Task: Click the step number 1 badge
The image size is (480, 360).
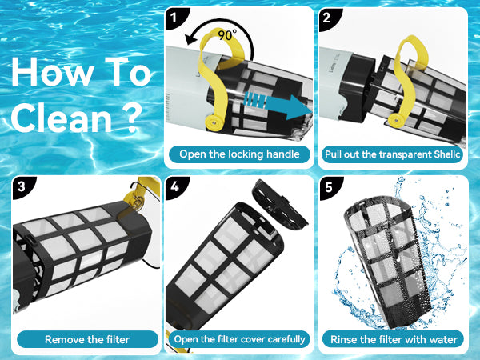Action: coord(175,18)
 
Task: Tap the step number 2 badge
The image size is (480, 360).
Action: coord(328,18)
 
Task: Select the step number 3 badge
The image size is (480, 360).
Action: coord(22,186)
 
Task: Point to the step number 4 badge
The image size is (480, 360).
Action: coord(175,186)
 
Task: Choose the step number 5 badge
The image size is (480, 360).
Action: coord(329,187)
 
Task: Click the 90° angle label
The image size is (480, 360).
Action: coord(227,34)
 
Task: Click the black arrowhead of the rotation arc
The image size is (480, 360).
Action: coord(191,39)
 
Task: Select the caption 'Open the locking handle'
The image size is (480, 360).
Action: coord(239,154)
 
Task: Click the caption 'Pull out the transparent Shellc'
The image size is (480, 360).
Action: coord(392,154)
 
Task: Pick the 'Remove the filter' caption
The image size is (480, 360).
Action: coord(87,339)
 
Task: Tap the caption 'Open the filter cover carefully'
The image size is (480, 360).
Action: coord(239,339)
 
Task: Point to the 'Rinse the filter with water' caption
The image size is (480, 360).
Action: coord(394,339)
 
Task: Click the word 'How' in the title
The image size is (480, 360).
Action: coord(52,72)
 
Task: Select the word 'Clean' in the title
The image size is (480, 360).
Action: coord(62,118)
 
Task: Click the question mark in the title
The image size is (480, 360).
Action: coord(133,118)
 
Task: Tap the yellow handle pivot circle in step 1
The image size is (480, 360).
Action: coord(214,122)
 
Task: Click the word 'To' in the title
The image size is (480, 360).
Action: coord(129,72)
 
